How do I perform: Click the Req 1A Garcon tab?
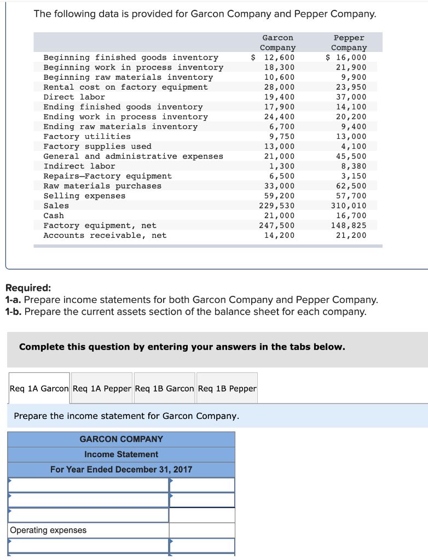[39, 388]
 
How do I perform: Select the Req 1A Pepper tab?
[102, 388]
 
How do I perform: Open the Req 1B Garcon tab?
[164, 388]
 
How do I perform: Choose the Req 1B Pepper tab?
[227, 388]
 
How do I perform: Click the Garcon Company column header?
[277, 43]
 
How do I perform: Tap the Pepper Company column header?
[349, 43]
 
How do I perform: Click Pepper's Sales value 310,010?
[349, 206]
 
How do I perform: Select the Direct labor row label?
[74, 97]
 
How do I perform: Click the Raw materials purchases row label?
[102, 186]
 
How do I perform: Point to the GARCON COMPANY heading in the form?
[121, 439]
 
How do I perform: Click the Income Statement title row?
[121, 454]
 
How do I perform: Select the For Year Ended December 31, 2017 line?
[121, 470]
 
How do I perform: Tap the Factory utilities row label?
[87, 136]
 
